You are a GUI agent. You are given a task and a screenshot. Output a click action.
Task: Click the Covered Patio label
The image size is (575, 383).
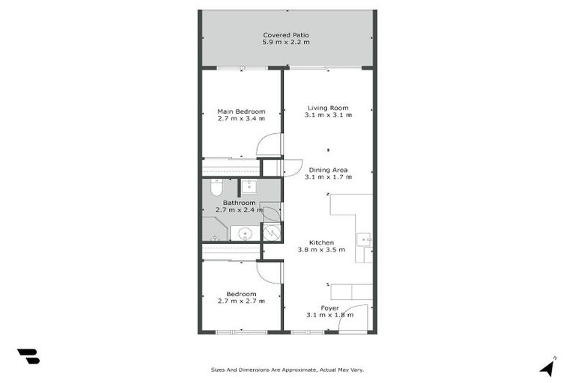[286, 35]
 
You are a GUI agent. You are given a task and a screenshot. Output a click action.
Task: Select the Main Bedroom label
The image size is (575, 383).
[241, 111]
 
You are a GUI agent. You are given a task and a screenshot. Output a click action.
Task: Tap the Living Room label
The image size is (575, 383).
[328, 108]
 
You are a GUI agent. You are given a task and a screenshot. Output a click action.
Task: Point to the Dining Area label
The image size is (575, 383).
[328, 170]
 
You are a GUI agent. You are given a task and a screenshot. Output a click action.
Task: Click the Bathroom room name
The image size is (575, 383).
[239, 203]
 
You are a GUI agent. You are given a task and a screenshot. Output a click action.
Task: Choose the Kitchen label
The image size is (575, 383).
[321, 242]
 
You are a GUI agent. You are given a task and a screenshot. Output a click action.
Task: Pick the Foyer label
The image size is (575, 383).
[329, 308]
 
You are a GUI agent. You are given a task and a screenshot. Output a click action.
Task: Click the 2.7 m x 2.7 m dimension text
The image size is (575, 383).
[241, 301]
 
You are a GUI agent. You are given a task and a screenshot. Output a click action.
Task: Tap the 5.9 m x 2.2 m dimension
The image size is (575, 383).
[286, 43]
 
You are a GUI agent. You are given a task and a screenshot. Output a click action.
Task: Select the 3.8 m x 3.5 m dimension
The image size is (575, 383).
[321, 250]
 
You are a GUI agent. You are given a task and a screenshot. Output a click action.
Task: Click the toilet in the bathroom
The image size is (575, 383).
[216, 187]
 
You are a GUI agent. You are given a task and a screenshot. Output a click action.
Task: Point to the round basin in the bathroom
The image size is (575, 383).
[244, 234]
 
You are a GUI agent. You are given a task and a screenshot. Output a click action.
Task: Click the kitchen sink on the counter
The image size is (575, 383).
[363, 239]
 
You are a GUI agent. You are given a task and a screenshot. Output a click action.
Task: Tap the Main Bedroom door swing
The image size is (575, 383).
[271, 144]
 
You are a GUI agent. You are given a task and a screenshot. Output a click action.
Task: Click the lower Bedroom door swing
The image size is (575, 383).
[270, 272]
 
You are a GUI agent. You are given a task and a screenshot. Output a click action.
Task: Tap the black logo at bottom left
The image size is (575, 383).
[28, 356]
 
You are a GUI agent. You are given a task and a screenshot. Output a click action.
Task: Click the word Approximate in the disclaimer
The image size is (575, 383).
[295, 370]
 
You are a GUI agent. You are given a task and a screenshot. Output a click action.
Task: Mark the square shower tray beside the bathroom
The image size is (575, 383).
[271, 233]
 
